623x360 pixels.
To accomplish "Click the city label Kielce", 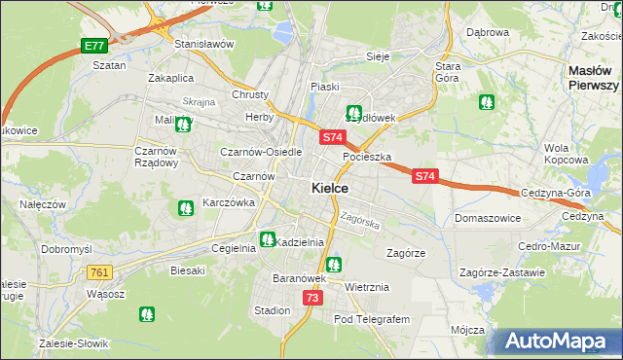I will [x=331, y=188].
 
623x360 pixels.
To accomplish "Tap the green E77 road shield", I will [x=93, y=46].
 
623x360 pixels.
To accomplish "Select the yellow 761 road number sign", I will [x=99, y=272].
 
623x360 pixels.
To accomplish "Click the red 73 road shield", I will [x=311, y=298].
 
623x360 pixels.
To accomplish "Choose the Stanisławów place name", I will [x=204, y=45].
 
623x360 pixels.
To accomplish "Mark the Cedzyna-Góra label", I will [x=556, y=193].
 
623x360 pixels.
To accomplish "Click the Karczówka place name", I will [x=228, y=203].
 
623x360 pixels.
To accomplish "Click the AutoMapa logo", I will [x=557, y=341].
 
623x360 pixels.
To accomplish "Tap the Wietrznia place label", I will [x=367, y=287].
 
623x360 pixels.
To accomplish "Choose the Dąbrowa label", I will [x=488, y=32].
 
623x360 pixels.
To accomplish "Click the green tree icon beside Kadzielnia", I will [x=267, y=239].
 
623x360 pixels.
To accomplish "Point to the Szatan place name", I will [x=109, y=65].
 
